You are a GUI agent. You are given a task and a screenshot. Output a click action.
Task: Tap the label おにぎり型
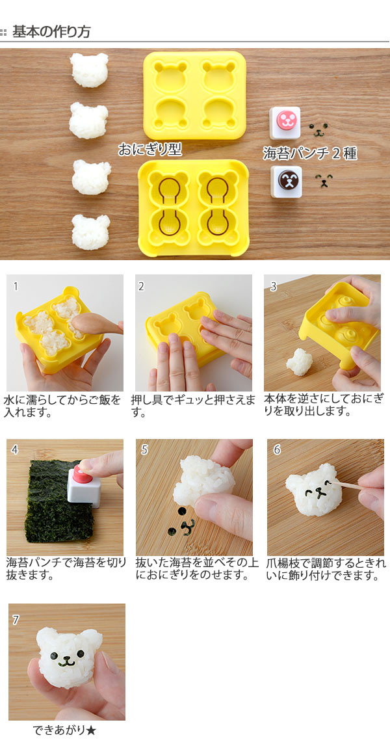tap(149, 150)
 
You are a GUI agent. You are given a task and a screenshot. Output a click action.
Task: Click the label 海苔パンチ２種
tap(309, 153)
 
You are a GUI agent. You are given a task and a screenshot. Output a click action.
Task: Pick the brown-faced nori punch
tap(285, 181)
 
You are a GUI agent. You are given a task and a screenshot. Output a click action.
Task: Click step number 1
tap(16, 286)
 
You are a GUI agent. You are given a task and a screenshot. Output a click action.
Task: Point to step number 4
tap(15, 449)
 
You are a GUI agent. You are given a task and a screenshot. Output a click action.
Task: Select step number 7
tap(16, 619)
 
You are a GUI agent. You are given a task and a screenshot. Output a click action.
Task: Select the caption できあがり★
tap(65, 730)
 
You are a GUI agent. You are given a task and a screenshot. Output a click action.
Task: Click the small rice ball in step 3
tap(300, 362)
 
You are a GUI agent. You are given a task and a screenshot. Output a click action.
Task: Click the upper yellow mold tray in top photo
tap(194, 94)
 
